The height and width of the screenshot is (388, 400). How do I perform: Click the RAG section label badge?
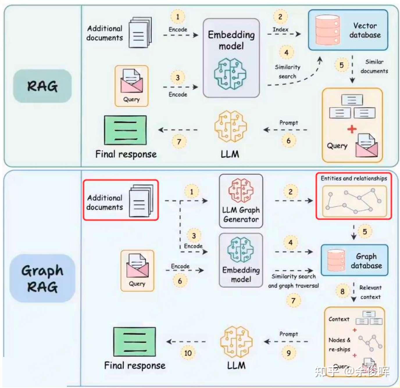pyautogui.click(x=42, y=86)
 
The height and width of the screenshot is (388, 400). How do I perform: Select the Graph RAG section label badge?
pyautogui.click(x=42, y=278)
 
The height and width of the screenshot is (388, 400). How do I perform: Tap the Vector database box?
pyautogui.click(x=348, y=30)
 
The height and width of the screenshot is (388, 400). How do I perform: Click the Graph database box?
pyautogui.click(x=354, y=260)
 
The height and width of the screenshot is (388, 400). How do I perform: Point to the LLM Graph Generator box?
pyautogui.click(x=241, y=201)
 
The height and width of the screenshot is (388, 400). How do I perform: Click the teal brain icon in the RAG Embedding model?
pyautogui.click(x=230, y=73)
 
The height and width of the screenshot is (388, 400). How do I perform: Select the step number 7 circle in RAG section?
pyautogui.click(x=179, y=142)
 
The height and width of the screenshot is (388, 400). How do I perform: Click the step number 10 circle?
pyautogui.click(x=188, y=353)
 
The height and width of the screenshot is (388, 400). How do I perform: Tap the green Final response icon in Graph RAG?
pyautogui.click(x=134, y=342)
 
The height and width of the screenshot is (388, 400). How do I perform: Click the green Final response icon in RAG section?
pyautogui.click(x=125, y=130)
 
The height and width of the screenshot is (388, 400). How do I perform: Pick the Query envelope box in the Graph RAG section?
pyautogui.click(x=137, y=270)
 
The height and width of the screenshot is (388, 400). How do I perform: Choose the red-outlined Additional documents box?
pyautogui.click(x=121, y=200)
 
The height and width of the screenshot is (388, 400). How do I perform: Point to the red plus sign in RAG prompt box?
pyautogui.click(x=352, y=129)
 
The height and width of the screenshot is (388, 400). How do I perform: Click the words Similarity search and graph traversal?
pyautogui.click(x=293, y=281)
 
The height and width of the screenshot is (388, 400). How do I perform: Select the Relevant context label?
pyautogui.click(x=370, y=292)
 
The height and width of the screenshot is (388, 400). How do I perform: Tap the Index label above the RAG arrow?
pyautogui.click(x=280, y=29)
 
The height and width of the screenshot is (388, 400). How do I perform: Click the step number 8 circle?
pyautogui.click(x=342, y=291)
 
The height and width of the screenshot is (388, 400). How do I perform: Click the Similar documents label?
pyautogui.click(x=374, y=66)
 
